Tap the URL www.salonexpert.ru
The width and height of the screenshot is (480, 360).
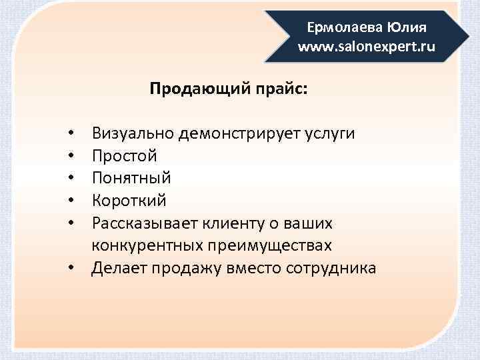(367, 47)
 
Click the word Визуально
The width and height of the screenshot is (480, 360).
(134, 133)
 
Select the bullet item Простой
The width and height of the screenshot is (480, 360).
(125, 156)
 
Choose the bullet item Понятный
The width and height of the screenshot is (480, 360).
(132, 179)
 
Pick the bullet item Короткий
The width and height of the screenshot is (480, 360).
(130, 201)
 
